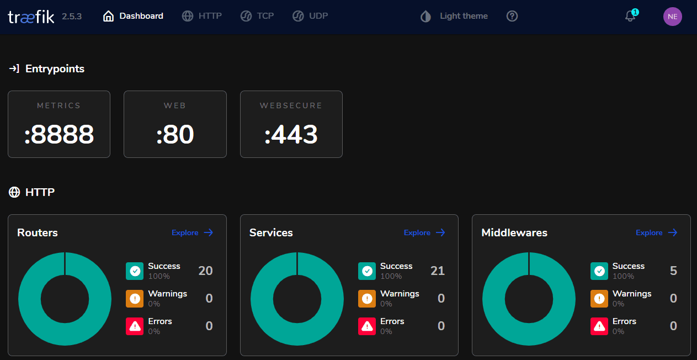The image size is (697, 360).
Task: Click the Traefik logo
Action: click(31, 17)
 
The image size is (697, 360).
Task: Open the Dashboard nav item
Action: click(133, 16)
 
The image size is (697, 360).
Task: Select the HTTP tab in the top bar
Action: click(202, 16)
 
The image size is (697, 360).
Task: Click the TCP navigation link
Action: click(257, 16)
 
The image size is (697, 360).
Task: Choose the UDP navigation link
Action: click(310, 16)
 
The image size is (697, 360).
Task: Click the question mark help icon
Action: click(512, 16)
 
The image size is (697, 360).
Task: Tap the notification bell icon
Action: click(630, 16)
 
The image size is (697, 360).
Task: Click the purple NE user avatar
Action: click(672, 17)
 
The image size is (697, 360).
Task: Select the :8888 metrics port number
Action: click(59, 135)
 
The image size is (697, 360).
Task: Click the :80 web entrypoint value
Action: click(175, 135)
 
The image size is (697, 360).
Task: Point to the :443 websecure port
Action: click(291, 135)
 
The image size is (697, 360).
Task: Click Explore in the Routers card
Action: click(192, 232)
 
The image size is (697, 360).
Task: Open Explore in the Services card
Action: click(424, 232)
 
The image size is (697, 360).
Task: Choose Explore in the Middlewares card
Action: click(656, 232)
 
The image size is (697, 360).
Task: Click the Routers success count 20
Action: click(205, 271)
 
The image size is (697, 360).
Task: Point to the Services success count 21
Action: click(437, 271)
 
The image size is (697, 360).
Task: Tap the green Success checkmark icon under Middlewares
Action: click(599, 271)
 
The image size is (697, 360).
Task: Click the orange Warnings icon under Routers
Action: click(135, 299)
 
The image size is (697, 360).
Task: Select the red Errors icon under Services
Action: click(367, 326)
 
